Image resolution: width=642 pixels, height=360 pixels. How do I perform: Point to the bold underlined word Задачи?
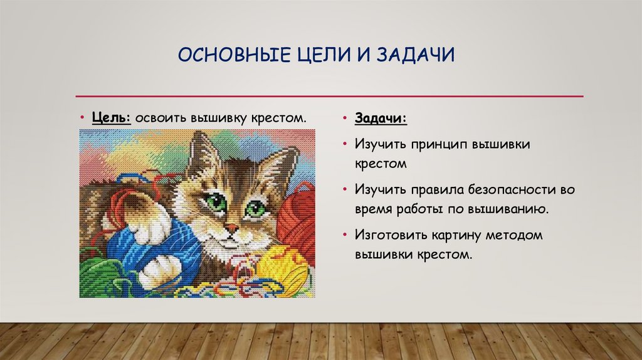tap(380, 119)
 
